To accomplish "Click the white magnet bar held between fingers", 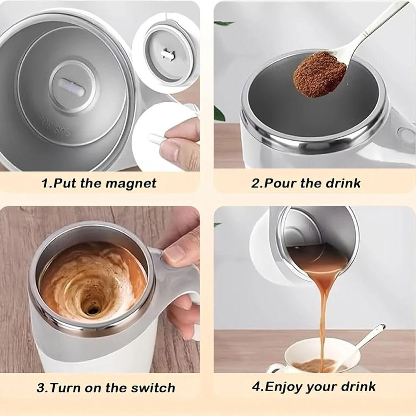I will (155, 138).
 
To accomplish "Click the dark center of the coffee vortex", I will (92, 308).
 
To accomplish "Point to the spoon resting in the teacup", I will (366, 339).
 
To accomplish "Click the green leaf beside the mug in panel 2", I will (219, 113).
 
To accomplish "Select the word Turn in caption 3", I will (66, 388).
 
